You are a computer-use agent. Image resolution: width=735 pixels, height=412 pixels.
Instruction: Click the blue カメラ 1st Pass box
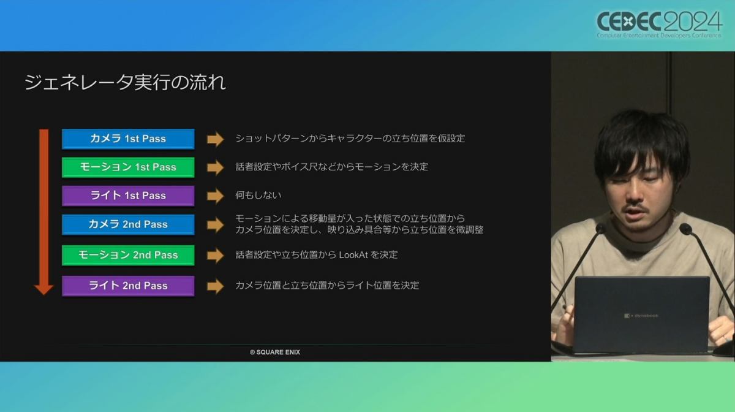click(x=128, y=139)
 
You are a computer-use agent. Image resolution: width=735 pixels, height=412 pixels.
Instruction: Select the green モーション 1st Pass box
click(x=128, y=167)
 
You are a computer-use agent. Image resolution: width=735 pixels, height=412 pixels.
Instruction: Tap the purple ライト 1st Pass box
click(x=128, y=196)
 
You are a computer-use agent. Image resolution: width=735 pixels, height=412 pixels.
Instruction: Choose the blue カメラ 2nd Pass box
click(x=128, y=224)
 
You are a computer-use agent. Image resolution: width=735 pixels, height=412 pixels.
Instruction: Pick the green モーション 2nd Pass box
click(x=128, y=255)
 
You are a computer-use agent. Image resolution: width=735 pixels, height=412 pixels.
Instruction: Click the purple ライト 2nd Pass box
click(x=128, y=286)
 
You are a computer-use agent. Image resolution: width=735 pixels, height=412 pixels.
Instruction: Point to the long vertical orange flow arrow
click(x=44, y=212)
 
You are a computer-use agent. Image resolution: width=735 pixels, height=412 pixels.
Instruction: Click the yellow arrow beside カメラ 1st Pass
click(x=215, y=139)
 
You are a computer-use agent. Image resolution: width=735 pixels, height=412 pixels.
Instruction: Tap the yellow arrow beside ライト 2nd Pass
click(x=215, y=286)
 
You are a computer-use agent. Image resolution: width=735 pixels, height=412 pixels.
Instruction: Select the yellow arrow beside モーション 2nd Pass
click(x=215, y=255)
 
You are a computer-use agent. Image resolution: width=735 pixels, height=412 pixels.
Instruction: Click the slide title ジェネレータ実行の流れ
click(x=125, y=82)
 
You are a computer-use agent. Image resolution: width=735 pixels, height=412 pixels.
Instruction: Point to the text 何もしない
click(x=258, y=195)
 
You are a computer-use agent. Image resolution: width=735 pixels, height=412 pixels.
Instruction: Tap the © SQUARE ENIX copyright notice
click(x=275, y=352)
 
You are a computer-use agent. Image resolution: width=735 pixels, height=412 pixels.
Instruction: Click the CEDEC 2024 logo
click(x=659, y=25)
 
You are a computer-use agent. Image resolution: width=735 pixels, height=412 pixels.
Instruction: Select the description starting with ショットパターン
click(x=350, y=139)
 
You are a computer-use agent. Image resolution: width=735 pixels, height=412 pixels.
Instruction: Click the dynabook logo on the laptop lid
click(x=641, y=316)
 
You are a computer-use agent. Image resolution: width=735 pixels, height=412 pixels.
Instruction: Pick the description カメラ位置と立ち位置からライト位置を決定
click(x=327, y=285)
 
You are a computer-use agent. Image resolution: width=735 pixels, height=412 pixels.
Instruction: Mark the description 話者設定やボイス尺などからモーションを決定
click(x=332, y=167)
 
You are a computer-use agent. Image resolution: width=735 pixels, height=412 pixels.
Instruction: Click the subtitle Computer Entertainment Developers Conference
click(x=659, y=35)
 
